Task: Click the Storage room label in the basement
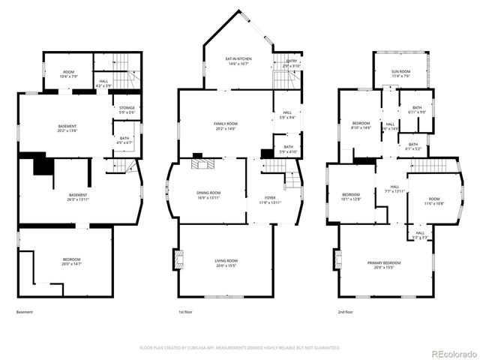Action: (x=127, y=110)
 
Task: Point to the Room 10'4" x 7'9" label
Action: (x=67, y=74)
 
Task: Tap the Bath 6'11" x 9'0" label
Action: (x=416, y=110)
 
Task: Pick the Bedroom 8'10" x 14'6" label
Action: (x=361, y=125)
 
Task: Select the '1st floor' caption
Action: (x=186, y=312)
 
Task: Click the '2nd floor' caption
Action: (x=346, y=312)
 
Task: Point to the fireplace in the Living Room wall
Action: (x=178, y=259)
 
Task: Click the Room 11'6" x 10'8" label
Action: (x=435, y=201)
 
